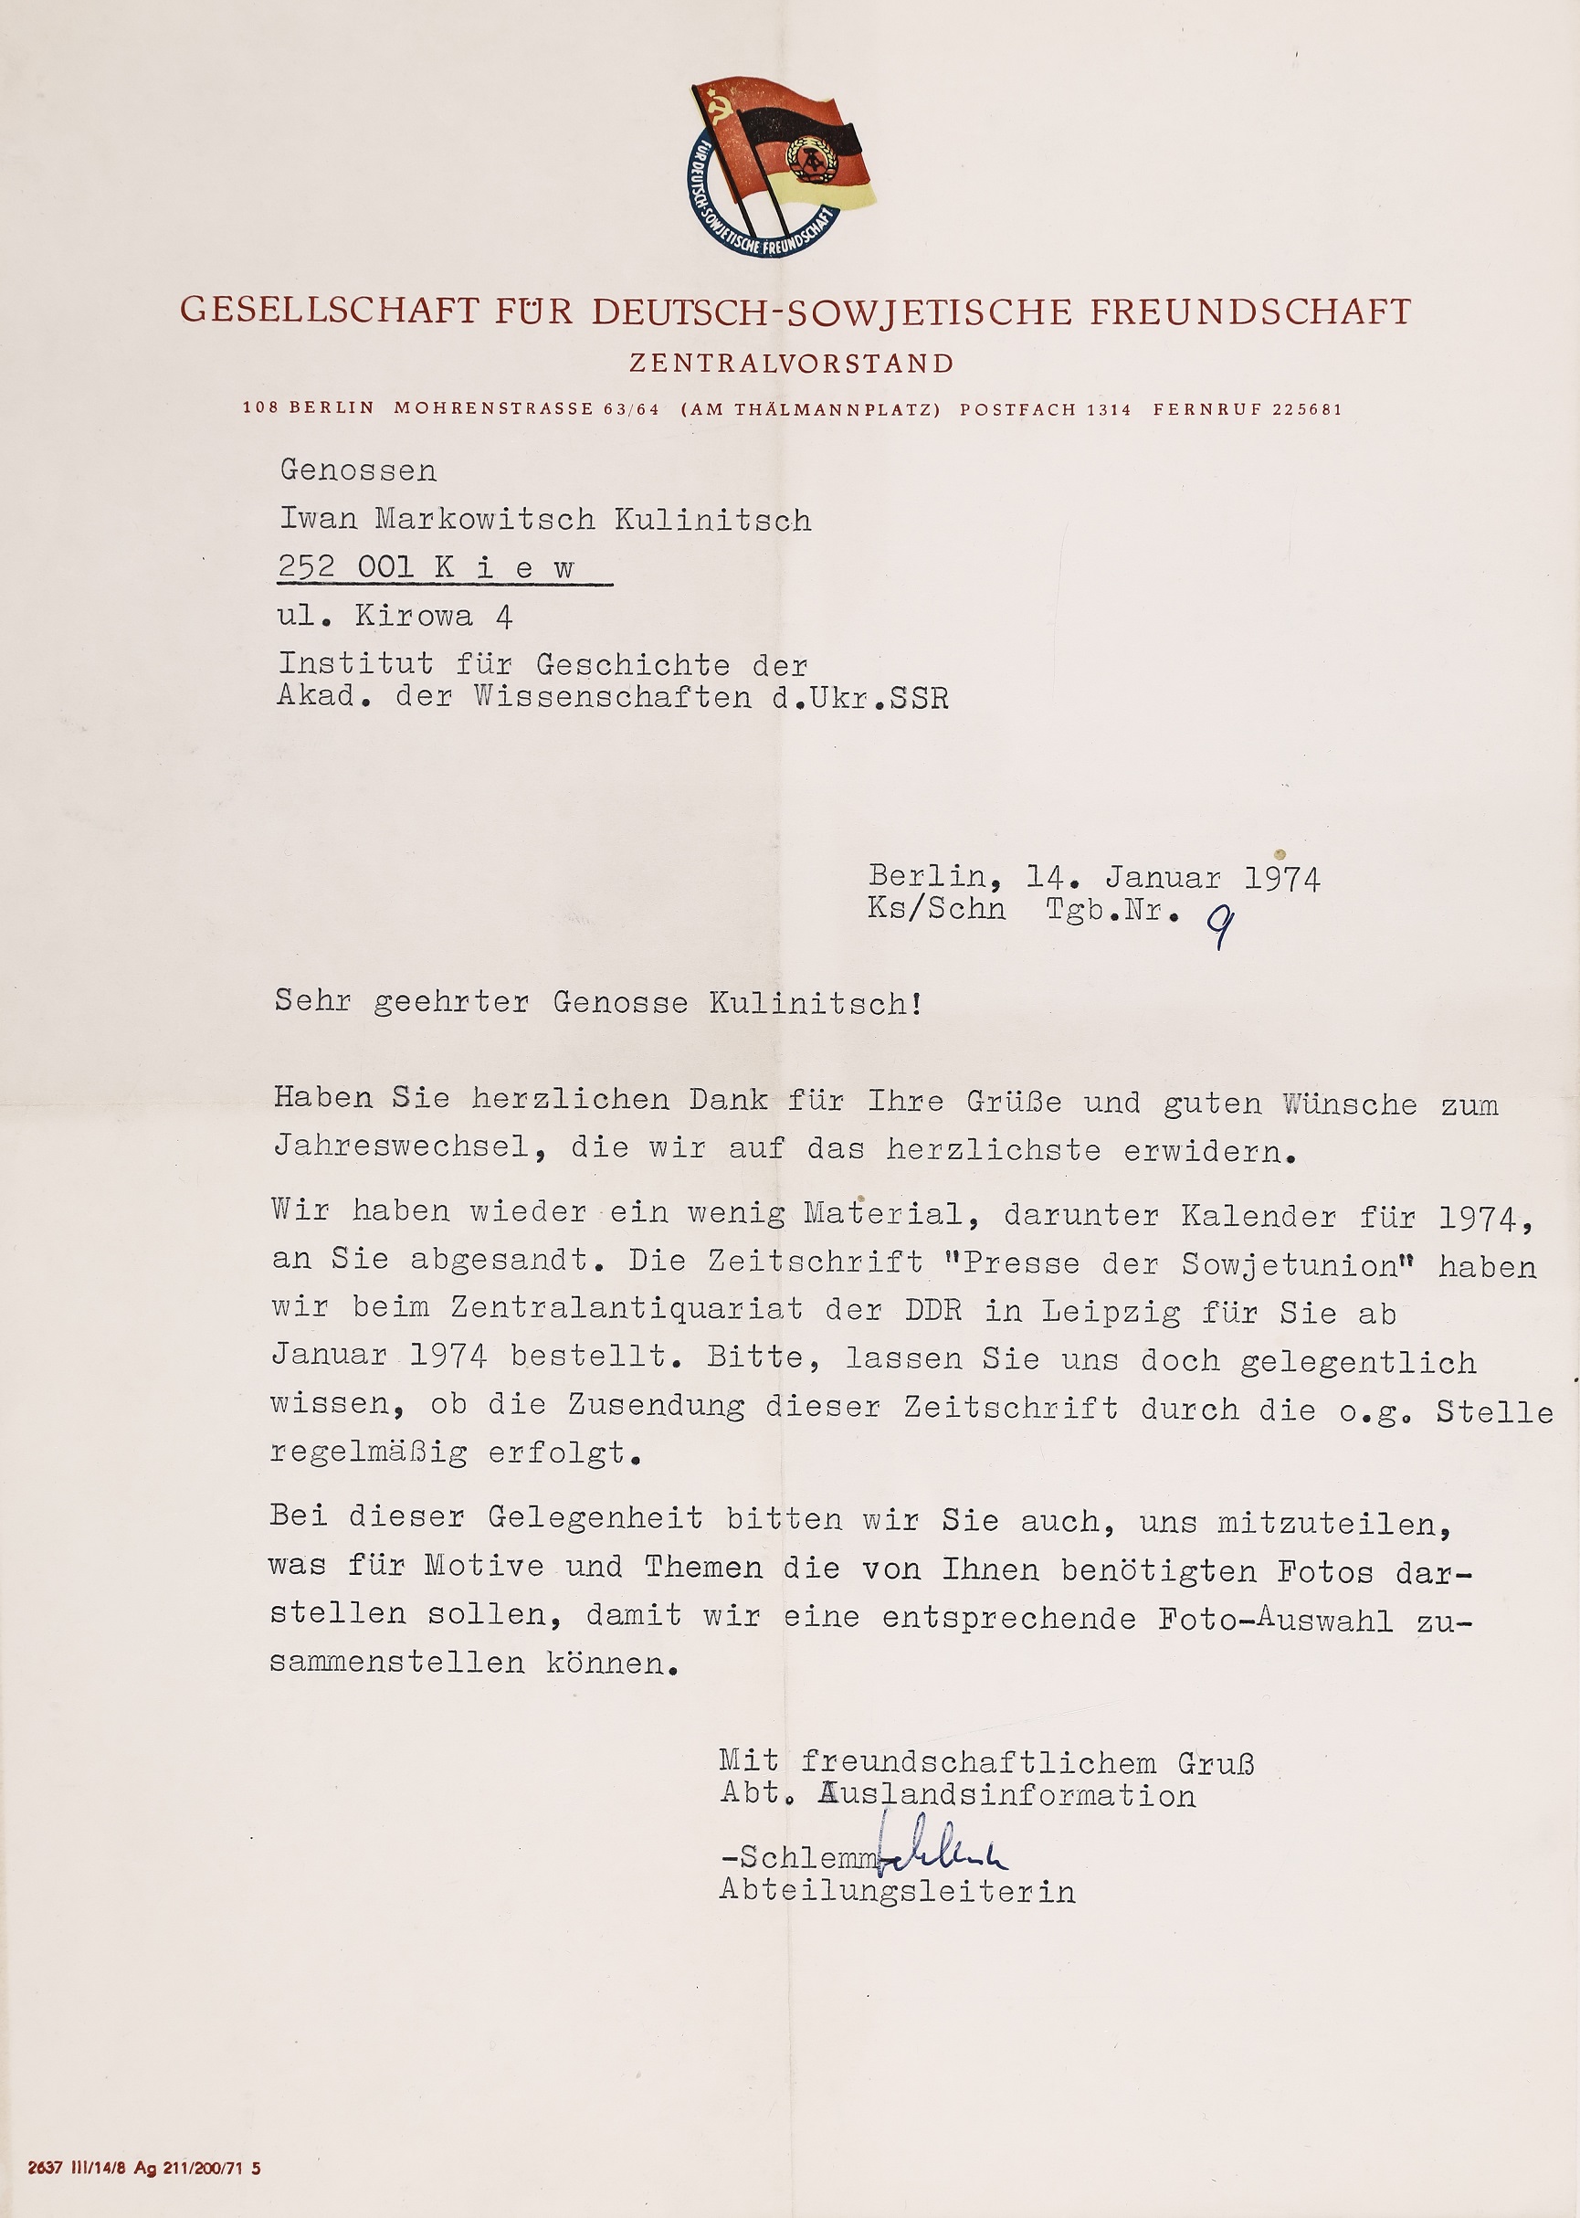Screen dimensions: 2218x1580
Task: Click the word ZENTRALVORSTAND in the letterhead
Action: (x=791, y=364)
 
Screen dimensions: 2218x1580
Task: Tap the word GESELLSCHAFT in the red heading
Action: (x=330, y=311)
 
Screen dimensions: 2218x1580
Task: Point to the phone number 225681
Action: (x=1307, y=410)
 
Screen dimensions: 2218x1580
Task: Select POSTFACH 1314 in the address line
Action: (x=1045, y=410)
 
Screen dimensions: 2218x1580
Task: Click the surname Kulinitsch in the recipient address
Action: (x=713, y=521)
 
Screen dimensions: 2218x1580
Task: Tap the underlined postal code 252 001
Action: (x=346, y=567)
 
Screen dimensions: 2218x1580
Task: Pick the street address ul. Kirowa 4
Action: (x=395, y=616)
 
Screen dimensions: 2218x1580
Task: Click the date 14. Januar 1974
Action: (x=1173, y=878)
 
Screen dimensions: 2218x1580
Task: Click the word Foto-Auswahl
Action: (x=1275, y=1620)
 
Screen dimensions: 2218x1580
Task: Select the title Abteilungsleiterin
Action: (x=897, y=1891)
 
